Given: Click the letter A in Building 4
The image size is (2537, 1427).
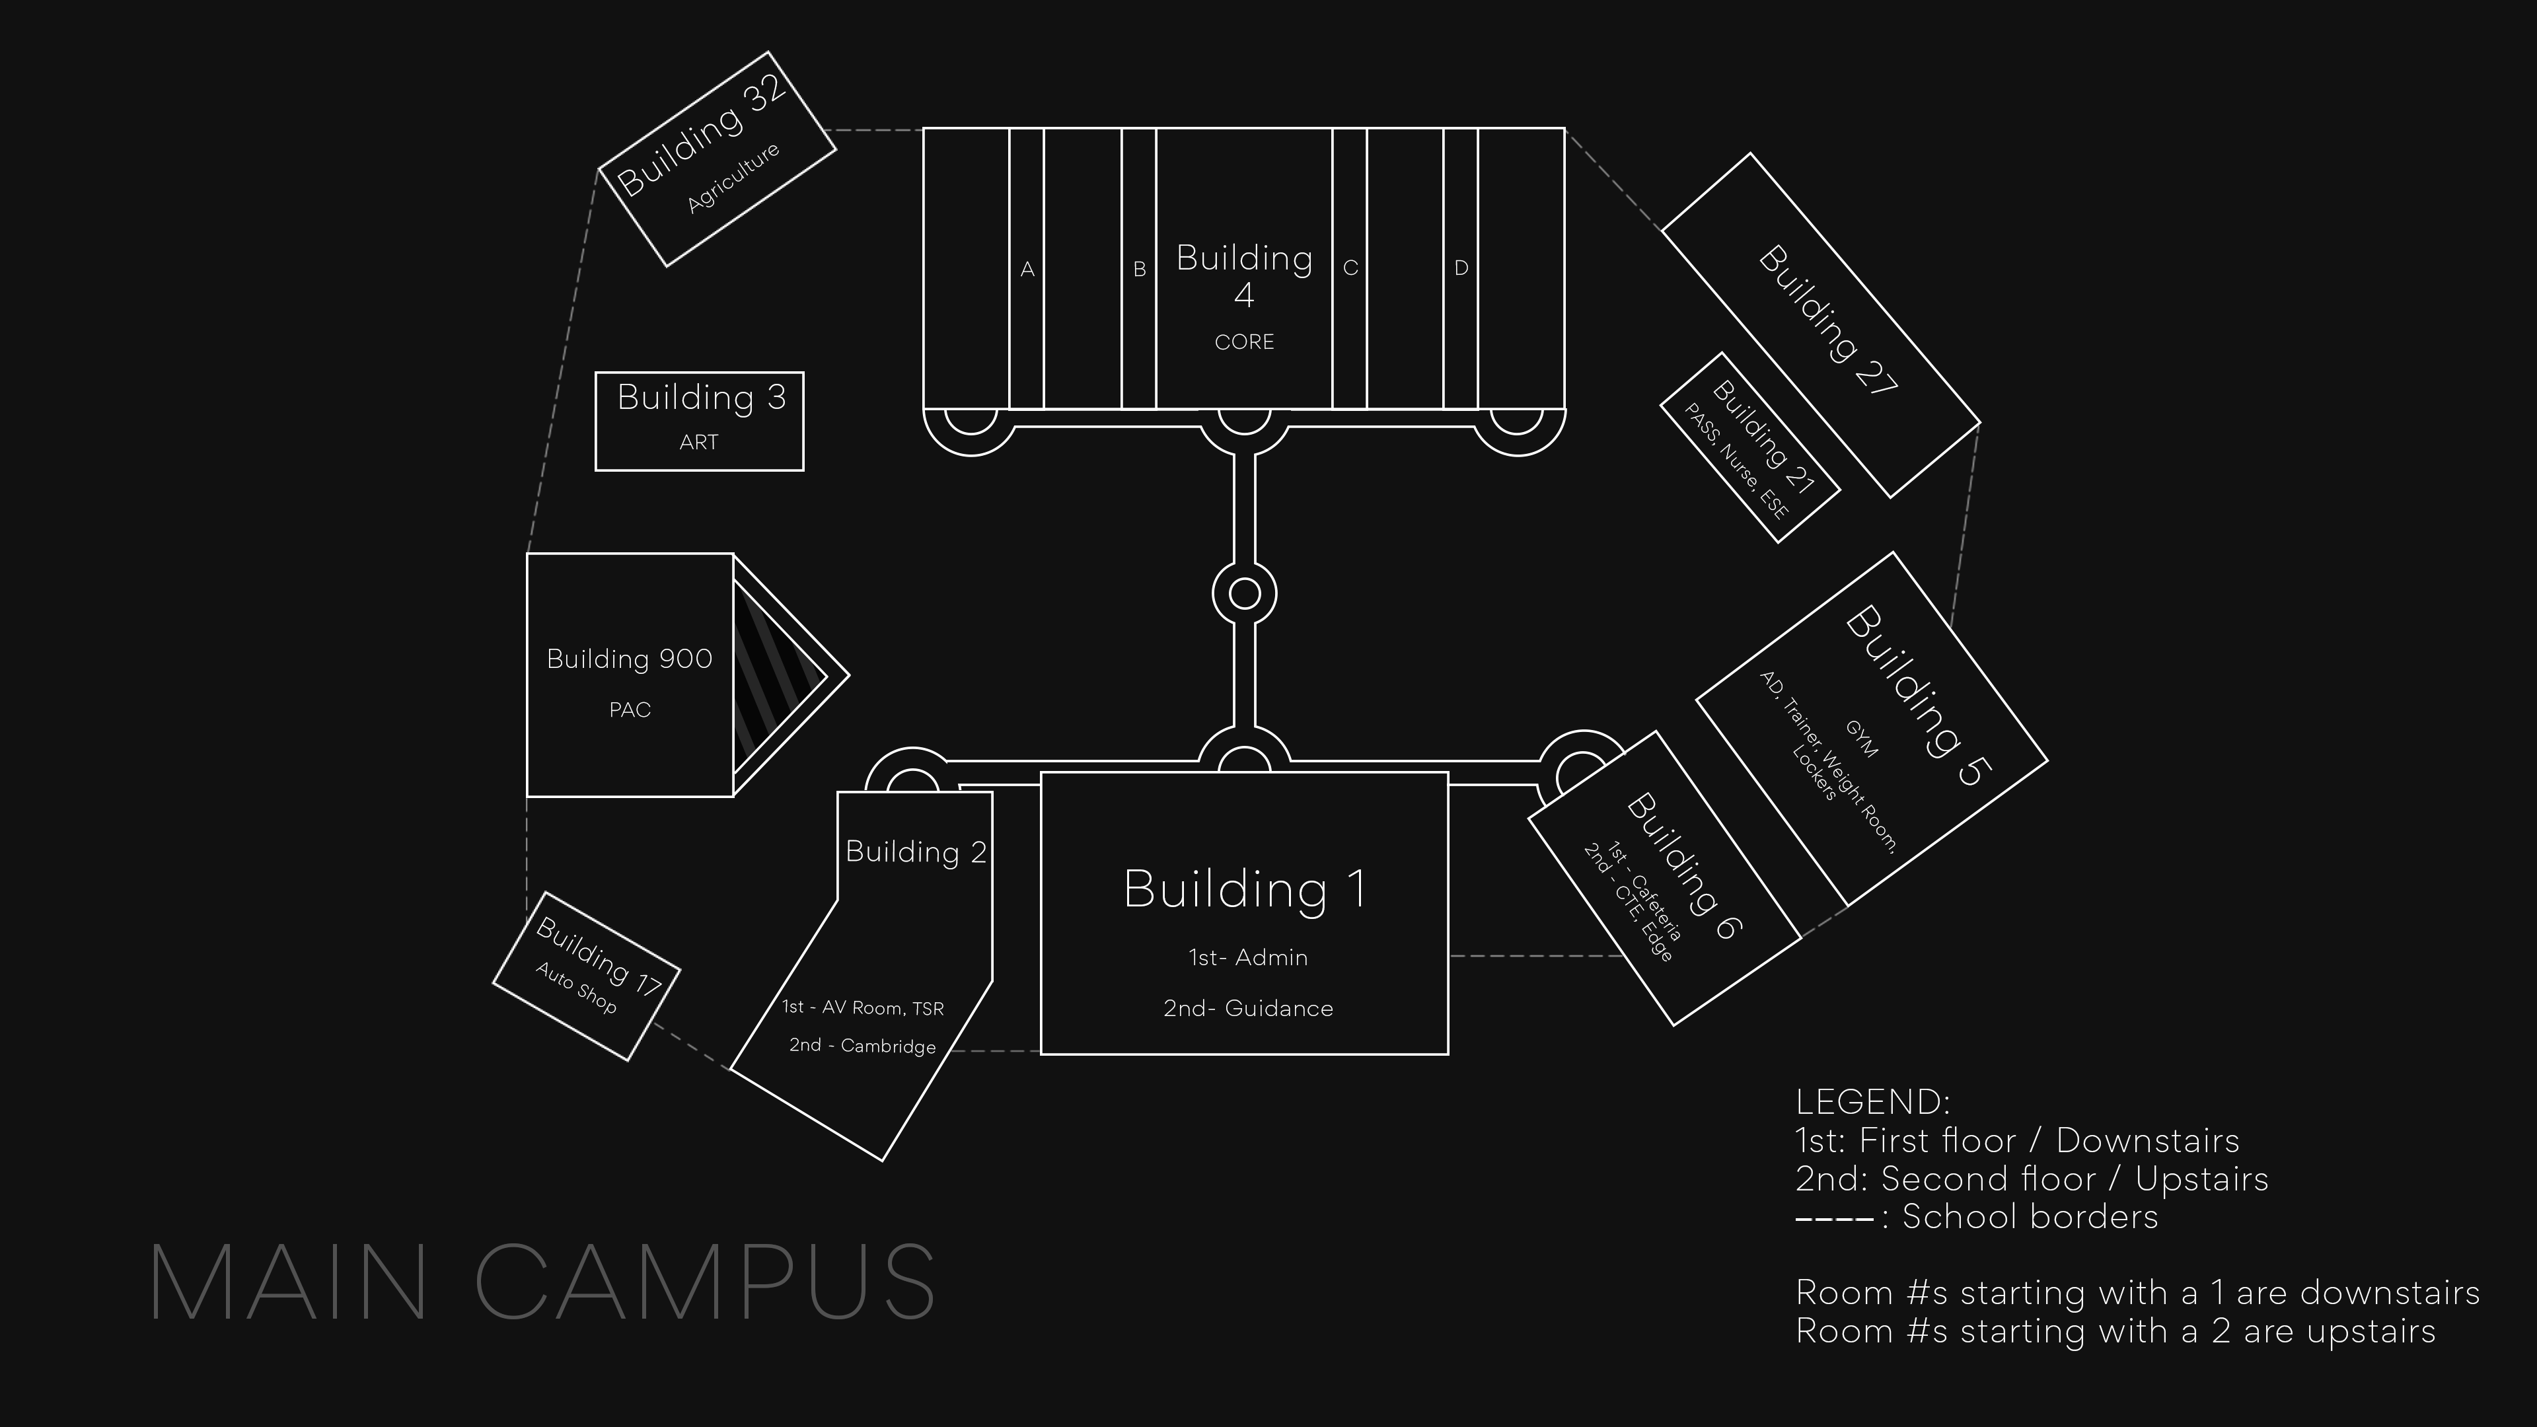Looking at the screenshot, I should tap(1027, 269).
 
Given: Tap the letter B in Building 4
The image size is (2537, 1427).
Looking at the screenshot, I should tap(1140, 269).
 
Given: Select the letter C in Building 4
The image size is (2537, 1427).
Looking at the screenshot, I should tap(1350, 268).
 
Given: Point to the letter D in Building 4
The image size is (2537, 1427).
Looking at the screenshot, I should tap(1461, 268).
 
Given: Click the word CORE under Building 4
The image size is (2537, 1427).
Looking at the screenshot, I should tap(1244, 342).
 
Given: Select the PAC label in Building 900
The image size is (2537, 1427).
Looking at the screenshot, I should tap(630, 710).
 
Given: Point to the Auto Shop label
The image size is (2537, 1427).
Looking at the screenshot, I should tap(576, 988).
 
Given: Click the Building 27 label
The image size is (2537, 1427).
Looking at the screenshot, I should tap(1827, 320).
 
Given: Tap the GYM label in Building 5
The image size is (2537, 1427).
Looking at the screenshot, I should tap(1860, 739).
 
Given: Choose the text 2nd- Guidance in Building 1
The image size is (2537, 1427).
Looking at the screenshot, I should tap(1248, 1008).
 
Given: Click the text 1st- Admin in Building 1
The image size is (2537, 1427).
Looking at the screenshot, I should tap(1248, 957).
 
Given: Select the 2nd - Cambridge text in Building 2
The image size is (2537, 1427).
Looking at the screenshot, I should tap(862, 1045).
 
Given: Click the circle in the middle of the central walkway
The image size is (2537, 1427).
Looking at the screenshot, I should tap(1245, 594).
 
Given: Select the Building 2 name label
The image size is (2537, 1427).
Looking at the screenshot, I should tap(915, 852).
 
